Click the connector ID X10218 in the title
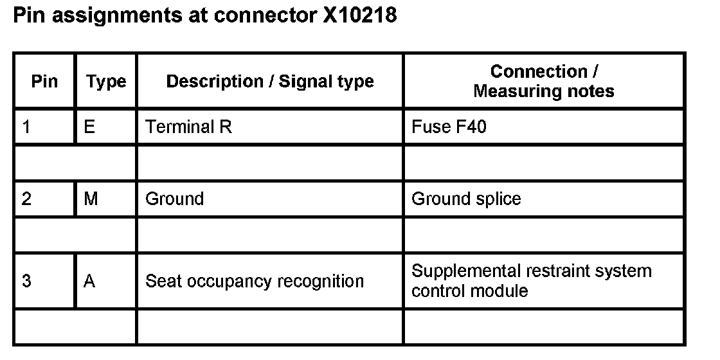(359, 15)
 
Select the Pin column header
(44, 82)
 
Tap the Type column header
(106, 82)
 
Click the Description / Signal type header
(270, 82)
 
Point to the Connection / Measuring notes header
(544, 82)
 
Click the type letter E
(89, 127)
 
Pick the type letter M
(91, 199)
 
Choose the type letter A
(89, 282)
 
